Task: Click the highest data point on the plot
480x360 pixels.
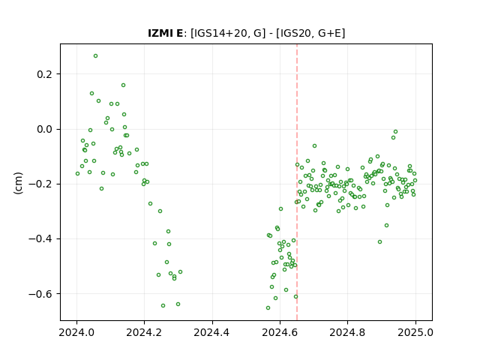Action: coord(95,56)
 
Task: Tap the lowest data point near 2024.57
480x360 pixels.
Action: coord(268,308)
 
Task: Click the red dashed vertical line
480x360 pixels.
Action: coord(297,182)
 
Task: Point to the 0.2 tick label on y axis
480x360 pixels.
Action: coord(45,74)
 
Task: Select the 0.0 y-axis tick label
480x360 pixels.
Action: coord(45,129)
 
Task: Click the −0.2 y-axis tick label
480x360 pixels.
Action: coord(41,184)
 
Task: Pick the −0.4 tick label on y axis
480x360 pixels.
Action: coord(41,238)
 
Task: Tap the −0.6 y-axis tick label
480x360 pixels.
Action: coord(41,294)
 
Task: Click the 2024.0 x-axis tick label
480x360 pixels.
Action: coord(76,332)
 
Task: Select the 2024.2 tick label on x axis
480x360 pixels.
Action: coord(144,332)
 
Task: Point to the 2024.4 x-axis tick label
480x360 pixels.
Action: coord(211,332)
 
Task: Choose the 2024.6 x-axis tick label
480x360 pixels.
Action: coord(280,332)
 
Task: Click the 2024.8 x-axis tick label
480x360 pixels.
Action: coord(347,332)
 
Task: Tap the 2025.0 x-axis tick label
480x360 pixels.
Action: coord(415,332)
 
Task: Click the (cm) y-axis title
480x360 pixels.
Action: coord(18,183)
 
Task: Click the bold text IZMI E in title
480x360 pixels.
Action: coord(165,33)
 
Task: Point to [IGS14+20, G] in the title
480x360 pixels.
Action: coord(228,33)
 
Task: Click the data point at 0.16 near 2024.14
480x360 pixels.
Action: coord(123,85)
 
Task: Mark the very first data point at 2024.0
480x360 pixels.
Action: coord(77,173)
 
